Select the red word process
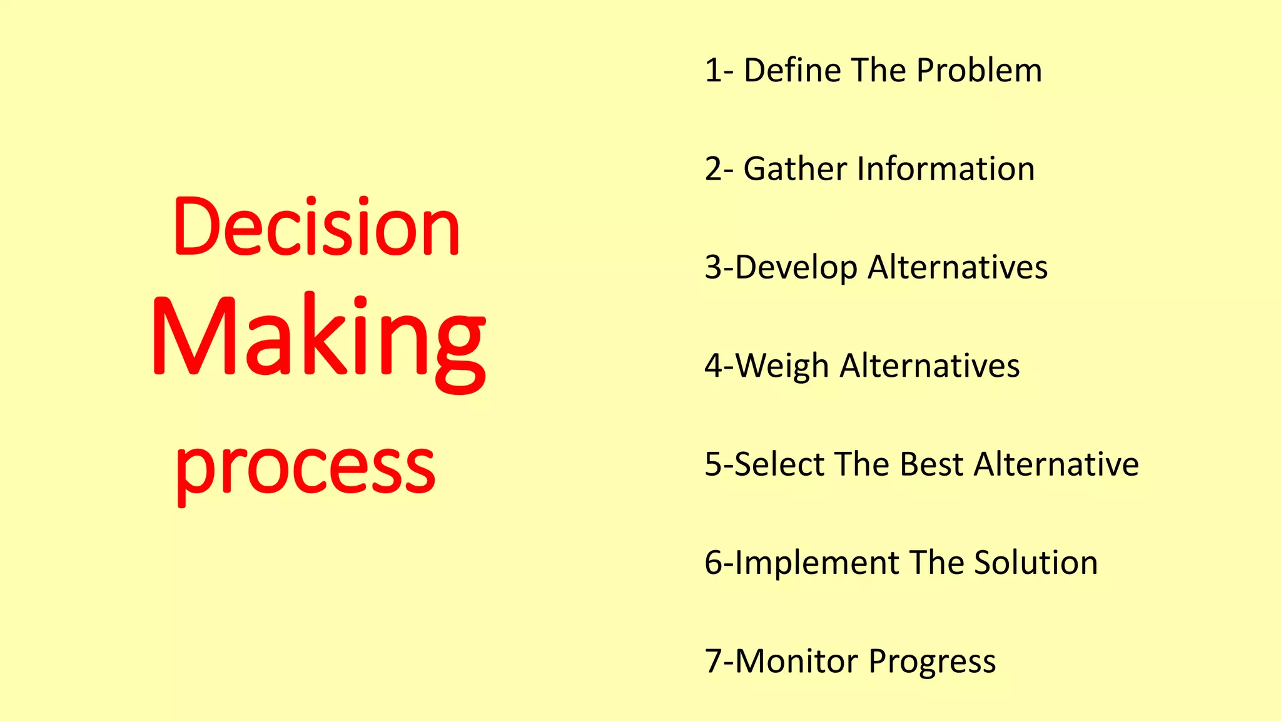[305, 468]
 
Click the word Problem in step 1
[979, 71]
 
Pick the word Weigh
[782, 366]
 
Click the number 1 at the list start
[712, 71]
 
